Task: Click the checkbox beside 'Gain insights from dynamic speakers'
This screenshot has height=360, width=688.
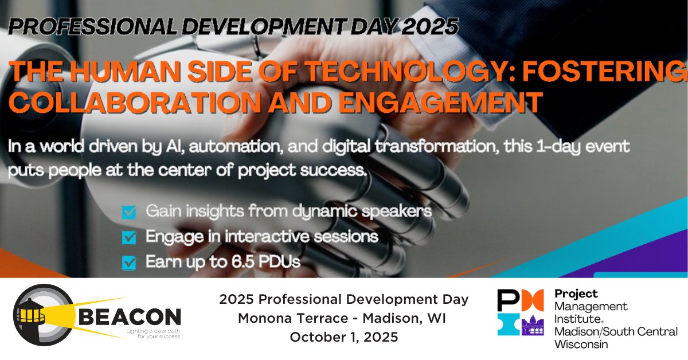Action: pos(130,213)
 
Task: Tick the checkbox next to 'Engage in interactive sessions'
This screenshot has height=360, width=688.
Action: pos(130,237)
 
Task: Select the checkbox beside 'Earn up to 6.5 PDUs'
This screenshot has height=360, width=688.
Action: pos(130,263)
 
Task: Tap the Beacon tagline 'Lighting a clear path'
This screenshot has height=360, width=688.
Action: pos(150,331)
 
